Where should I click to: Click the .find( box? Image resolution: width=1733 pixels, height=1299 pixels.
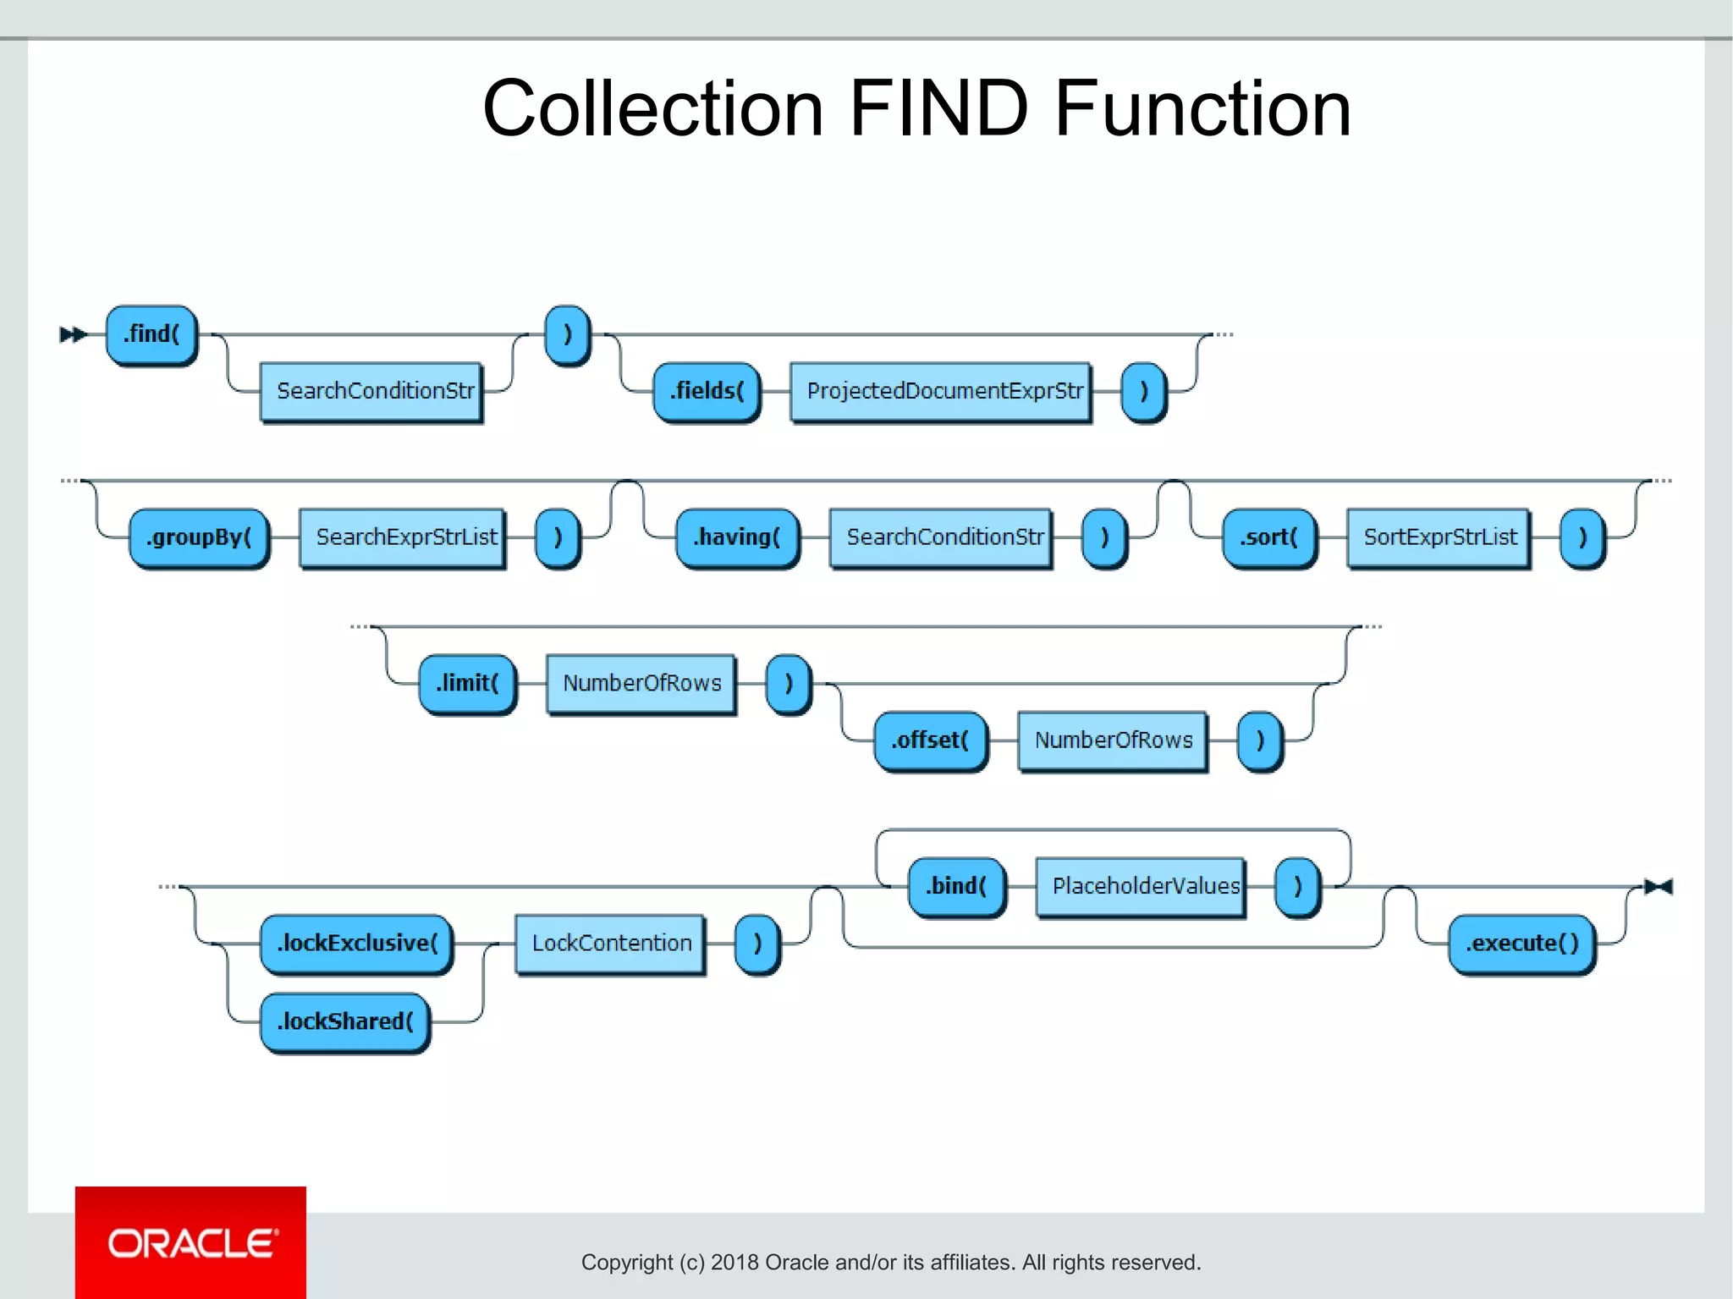[151, 335]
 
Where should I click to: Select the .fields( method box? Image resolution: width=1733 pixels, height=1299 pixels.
[707, 392]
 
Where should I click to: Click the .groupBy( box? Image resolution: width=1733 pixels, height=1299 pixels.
[199, 538]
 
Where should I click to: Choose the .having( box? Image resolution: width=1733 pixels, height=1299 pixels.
[737, 538]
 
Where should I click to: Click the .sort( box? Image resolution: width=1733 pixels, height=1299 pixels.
[1269, 538]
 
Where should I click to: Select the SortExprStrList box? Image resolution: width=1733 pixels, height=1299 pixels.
[1439, 538]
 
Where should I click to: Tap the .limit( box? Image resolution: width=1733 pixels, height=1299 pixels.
[468, 684]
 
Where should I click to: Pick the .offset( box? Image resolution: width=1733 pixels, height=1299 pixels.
[930, 741]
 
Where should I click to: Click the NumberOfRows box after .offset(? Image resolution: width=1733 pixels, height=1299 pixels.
[1113, 741]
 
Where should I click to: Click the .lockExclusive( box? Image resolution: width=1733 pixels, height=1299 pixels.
[356, 944]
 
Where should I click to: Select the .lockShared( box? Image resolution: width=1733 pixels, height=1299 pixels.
[345, 1022]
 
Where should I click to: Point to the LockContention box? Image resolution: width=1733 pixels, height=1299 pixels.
[610, 944]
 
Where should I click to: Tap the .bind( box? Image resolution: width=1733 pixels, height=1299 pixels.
[957, 887]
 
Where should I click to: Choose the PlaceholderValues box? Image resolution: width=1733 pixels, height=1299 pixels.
[1142, 887]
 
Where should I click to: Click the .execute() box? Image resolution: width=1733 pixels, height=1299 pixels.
[1521, 944]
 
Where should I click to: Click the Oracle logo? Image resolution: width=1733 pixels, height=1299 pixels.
[191, 1243]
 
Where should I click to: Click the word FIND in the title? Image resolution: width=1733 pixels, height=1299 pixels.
[938, 109]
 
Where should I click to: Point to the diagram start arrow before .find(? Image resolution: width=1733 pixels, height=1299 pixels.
[73, 335]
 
